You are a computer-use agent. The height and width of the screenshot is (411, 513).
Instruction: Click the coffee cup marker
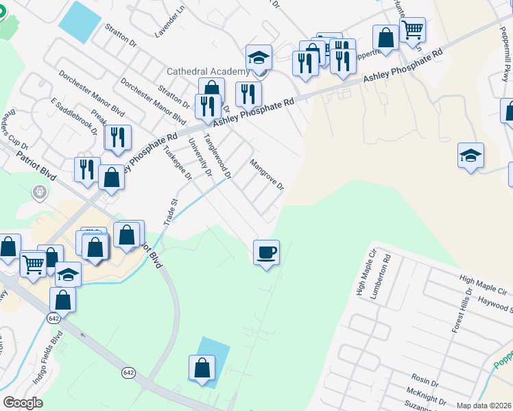[x=266, y=253]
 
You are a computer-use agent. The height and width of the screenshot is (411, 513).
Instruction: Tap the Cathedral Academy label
[x=207, y=72]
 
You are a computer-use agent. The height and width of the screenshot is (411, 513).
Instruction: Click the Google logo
[x=23, y=403]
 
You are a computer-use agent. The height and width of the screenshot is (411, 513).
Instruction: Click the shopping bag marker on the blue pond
[x=203, y=368]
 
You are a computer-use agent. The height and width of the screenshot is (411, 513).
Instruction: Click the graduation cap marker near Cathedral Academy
[x=259, y=58]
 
